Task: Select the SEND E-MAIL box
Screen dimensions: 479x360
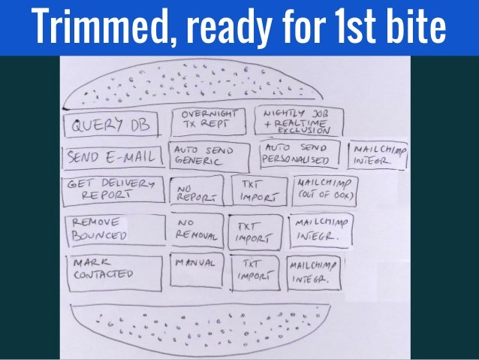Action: pos(112,158)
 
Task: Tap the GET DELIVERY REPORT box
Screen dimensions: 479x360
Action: pos(113,190)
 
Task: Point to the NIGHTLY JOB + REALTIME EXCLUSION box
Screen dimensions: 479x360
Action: pos(300,120)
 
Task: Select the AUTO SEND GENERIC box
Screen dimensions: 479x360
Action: pos(209,156)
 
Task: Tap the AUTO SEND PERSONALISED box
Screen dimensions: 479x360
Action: pos(300,156)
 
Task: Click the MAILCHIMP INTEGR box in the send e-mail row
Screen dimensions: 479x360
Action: pos(378,156)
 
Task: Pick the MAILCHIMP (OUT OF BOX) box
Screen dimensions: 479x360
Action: pos(325,190)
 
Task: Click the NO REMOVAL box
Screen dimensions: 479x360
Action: pos(197,231)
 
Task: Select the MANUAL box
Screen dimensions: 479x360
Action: pos(197,270)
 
